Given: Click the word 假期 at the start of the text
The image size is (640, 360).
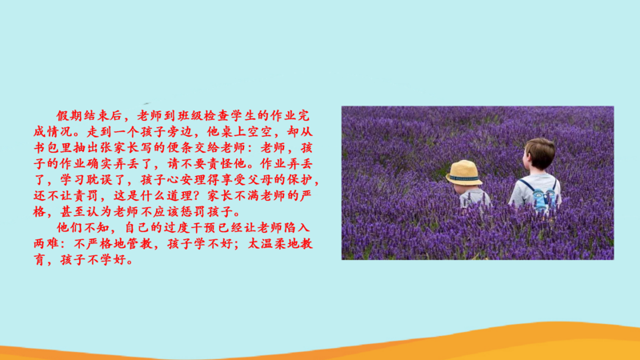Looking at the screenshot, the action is click(70, 116).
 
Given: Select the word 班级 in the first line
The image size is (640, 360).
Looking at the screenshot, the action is click(190, 116).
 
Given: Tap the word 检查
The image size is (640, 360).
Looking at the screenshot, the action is click(217, 116).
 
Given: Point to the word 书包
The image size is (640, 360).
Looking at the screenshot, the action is click(46, 148).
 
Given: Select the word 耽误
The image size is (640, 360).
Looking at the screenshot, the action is click(100, 179).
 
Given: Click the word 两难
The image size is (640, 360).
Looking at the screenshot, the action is click(46, 244).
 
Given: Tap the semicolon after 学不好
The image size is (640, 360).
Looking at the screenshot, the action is click(239, 245).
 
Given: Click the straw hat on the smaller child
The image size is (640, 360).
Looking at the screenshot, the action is click(464, 172).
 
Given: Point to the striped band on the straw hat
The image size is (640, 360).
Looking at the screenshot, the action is click(464, 178).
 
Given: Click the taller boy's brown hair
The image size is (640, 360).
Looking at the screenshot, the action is click(541, 151).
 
